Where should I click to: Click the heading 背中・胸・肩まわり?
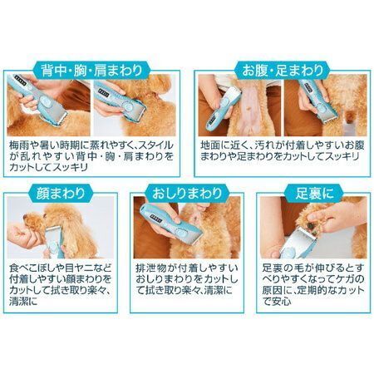(91, 71)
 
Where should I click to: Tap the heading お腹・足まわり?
(283, 71)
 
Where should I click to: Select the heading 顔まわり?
(61, 193)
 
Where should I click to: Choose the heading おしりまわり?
(187, 193)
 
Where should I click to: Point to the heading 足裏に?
(314, 193)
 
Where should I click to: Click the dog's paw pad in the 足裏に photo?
(311, 226)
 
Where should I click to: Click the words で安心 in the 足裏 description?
(277, 302)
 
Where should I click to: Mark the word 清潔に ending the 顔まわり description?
(23, 302)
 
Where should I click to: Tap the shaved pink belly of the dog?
(251, 111)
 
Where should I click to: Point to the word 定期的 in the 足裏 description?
(308, 290)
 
